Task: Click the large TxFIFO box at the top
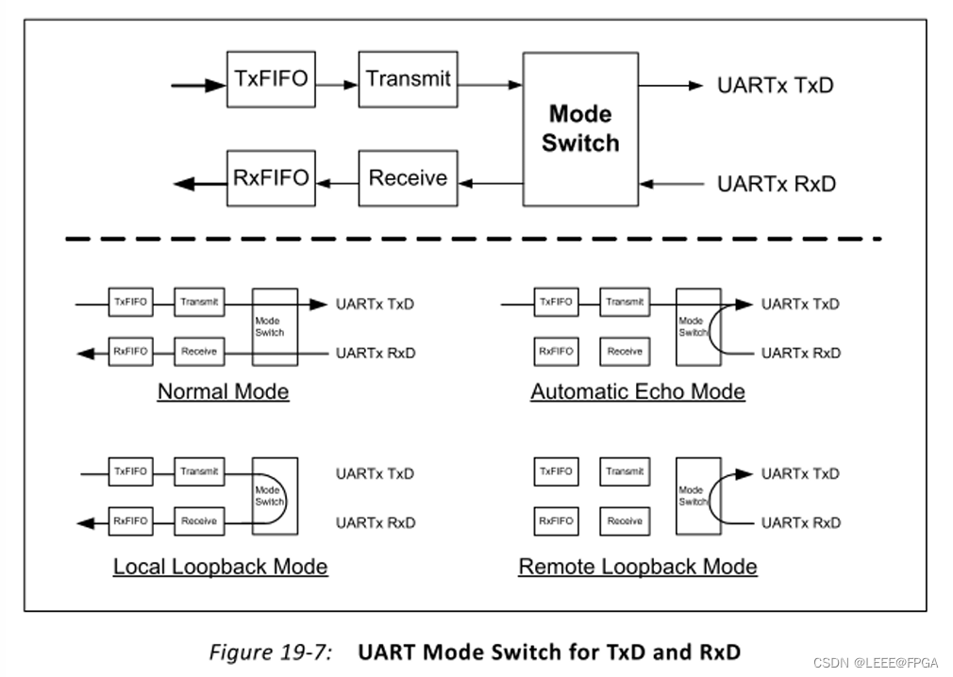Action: [x=271, y=78]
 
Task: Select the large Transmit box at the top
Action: [x=409, y=79]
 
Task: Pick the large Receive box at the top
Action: [x=409, y=177]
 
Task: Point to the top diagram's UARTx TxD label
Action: [x=776, y=86]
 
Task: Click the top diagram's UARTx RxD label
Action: [x=776, y=185]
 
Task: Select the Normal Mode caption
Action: [x=223, y=391]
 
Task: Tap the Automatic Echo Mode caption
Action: [x=638, y=391]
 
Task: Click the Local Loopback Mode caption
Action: [x=221, y=567]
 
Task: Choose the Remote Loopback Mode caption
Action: [x=638, y=567]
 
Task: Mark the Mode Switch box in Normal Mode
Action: [x=275, y=326]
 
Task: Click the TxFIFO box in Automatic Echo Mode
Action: [x=555, y=303]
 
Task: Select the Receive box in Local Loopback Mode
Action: [x=199, y=520]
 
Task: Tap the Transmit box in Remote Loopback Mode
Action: [x=625, y=471]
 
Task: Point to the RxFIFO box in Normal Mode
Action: [x=130, y=352]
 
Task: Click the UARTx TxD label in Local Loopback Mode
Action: [x=375, y=474]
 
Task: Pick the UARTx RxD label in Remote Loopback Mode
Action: [x=800, y=522]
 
